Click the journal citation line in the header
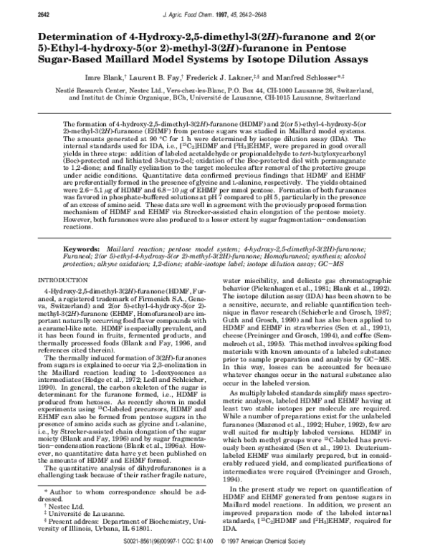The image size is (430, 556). [x=216, y=9]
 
